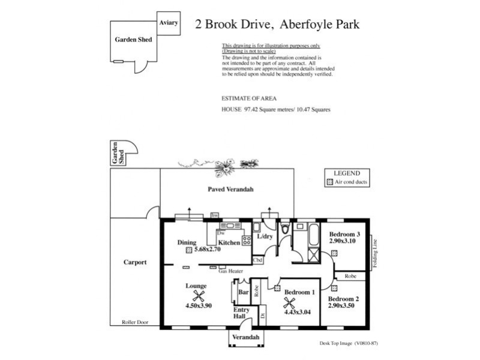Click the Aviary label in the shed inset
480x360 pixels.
coord(168,23)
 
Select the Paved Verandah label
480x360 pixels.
coord(230,190)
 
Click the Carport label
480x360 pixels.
coord(135,262)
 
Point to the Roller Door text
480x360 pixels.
coord(135,322)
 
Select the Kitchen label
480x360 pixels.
coord(229,242)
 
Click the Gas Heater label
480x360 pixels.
coord(230,271)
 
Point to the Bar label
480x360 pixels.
coord(244,292)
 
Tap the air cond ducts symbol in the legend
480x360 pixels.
coord(329,181)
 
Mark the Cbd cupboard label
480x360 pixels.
coord(258,260)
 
